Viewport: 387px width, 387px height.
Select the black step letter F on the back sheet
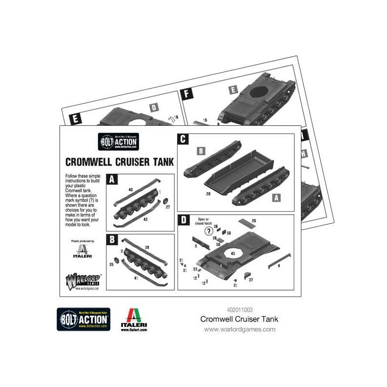[185, 95]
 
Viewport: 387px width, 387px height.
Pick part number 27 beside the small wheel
[167, 207]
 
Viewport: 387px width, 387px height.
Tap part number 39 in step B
[147, 247]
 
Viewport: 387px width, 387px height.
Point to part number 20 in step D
[267, 221]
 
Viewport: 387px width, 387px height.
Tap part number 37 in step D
[251, 279]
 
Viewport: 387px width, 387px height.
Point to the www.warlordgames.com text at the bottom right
[239, 329]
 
